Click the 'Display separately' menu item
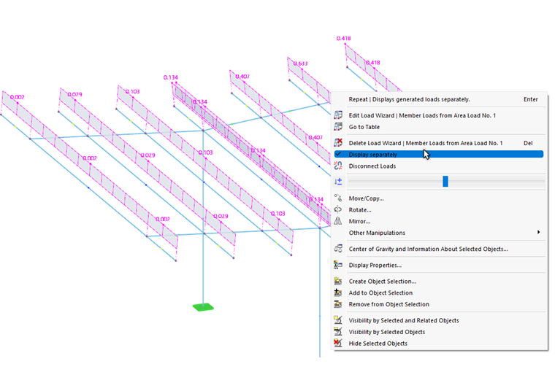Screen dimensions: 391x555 [373, 155]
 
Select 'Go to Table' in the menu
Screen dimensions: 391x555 [364, 127]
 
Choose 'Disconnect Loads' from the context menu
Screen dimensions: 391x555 [372, 166]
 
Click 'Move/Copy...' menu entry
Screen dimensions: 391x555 [366, 198]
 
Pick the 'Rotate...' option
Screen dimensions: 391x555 [360, 210]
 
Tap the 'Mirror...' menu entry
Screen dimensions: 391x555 [359, 221]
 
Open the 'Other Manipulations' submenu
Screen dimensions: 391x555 [377, 233]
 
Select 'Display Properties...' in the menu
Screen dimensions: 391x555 [375, 265]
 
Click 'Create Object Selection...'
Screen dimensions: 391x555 [382, 281]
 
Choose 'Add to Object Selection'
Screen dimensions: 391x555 [380, 293]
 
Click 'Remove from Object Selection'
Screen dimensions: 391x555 [388, 304]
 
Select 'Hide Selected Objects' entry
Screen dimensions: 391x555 [378, 343]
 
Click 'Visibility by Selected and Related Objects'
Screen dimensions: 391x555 [404, 320]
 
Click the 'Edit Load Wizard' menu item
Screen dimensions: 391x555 [421, 115]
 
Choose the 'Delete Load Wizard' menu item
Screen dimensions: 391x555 [425, 143]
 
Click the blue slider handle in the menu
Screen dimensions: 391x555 [445, 182]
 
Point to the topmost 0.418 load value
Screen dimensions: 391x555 [343, 38]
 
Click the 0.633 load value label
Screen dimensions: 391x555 [300, 63]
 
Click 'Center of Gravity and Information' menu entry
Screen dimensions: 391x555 [428, 249]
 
